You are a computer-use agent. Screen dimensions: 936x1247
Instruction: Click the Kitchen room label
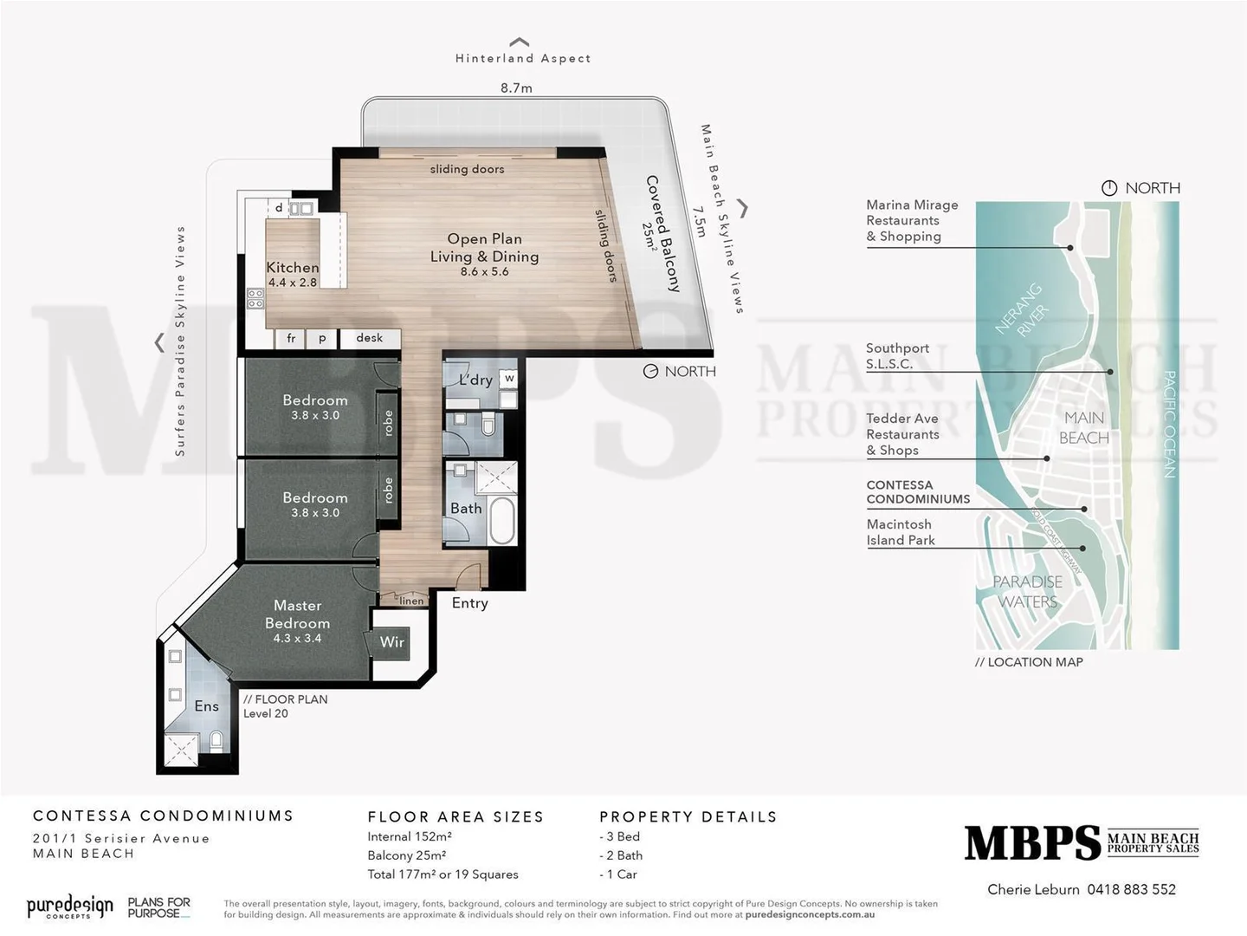293,268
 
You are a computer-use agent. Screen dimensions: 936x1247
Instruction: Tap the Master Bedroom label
297,614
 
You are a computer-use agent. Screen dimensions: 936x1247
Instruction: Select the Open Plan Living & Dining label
484,248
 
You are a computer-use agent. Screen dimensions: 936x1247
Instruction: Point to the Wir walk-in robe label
391,642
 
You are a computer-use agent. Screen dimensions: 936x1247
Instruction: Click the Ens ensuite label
206,706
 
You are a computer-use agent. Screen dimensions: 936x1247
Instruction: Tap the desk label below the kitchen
369,338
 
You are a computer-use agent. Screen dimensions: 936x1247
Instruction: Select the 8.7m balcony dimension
516,88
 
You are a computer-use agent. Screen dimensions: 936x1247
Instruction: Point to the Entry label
469,603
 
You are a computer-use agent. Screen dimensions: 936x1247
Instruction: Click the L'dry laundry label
475,380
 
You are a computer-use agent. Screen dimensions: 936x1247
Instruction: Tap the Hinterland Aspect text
523,58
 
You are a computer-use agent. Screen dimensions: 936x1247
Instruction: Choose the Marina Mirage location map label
912,220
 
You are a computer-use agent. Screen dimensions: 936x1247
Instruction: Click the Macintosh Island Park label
901,532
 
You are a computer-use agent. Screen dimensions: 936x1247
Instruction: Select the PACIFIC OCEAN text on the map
1168,424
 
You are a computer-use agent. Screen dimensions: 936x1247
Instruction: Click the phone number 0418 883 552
1131,889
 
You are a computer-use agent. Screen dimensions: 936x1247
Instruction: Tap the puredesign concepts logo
69,907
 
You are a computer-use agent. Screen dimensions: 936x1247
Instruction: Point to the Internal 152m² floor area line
410,836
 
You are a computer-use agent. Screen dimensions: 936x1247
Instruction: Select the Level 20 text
265,713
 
